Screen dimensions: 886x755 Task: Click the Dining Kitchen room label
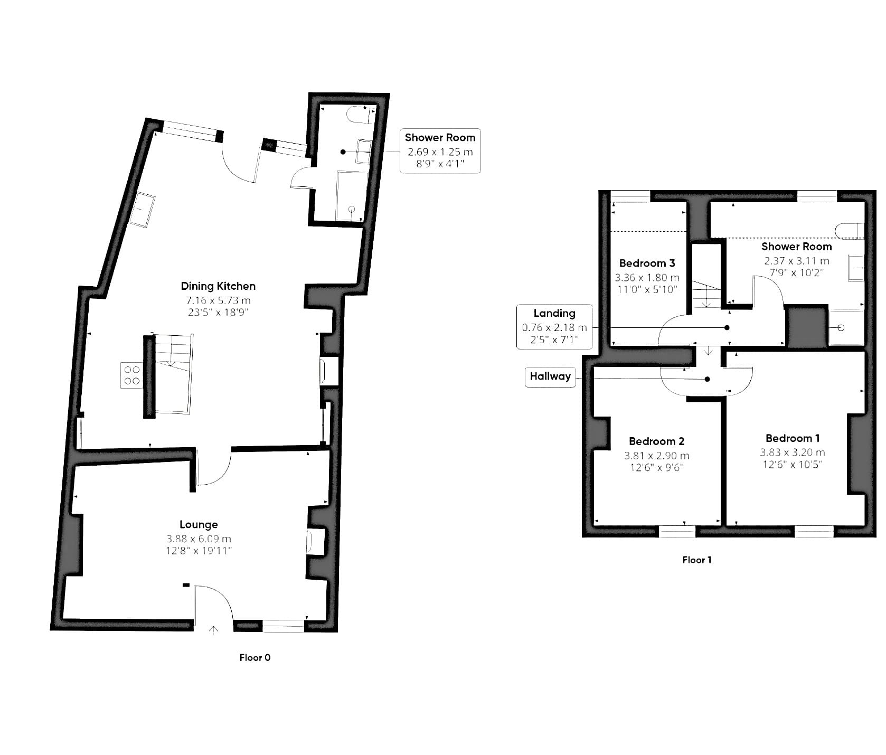(218, 286)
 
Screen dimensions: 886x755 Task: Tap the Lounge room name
(199, 524)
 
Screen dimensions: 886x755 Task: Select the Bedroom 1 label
(793, 438)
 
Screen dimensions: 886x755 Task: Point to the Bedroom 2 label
(657, 441)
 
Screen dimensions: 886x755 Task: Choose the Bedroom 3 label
(647, 263)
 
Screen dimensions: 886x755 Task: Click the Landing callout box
(554, 326)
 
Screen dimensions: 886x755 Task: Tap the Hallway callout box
(550, 377)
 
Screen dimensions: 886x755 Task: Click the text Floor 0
(255, 657)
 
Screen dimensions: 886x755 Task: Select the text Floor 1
(697, 560)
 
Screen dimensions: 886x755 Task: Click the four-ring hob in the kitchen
(132, 375)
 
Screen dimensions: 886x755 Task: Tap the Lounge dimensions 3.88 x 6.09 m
(199, 539)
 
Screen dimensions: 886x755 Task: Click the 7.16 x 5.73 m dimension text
(218, 300)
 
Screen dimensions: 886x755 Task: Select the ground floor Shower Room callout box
(440, 151)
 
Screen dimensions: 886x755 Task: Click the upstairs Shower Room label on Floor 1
(797, 247)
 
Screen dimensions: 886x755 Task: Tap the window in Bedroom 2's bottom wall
(677, 532)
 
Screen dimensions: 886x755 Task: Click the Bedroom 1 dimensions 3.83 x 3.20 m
(793, 452)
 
